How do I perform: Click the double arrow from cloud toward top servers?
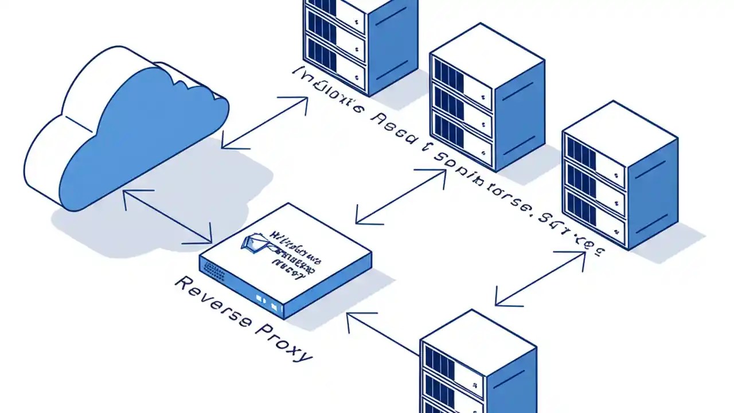[x=264, y=123]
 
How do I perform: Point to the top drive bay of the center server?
[x=462, y=80]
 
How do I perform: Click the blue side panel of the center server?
[x=519, y=115]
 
